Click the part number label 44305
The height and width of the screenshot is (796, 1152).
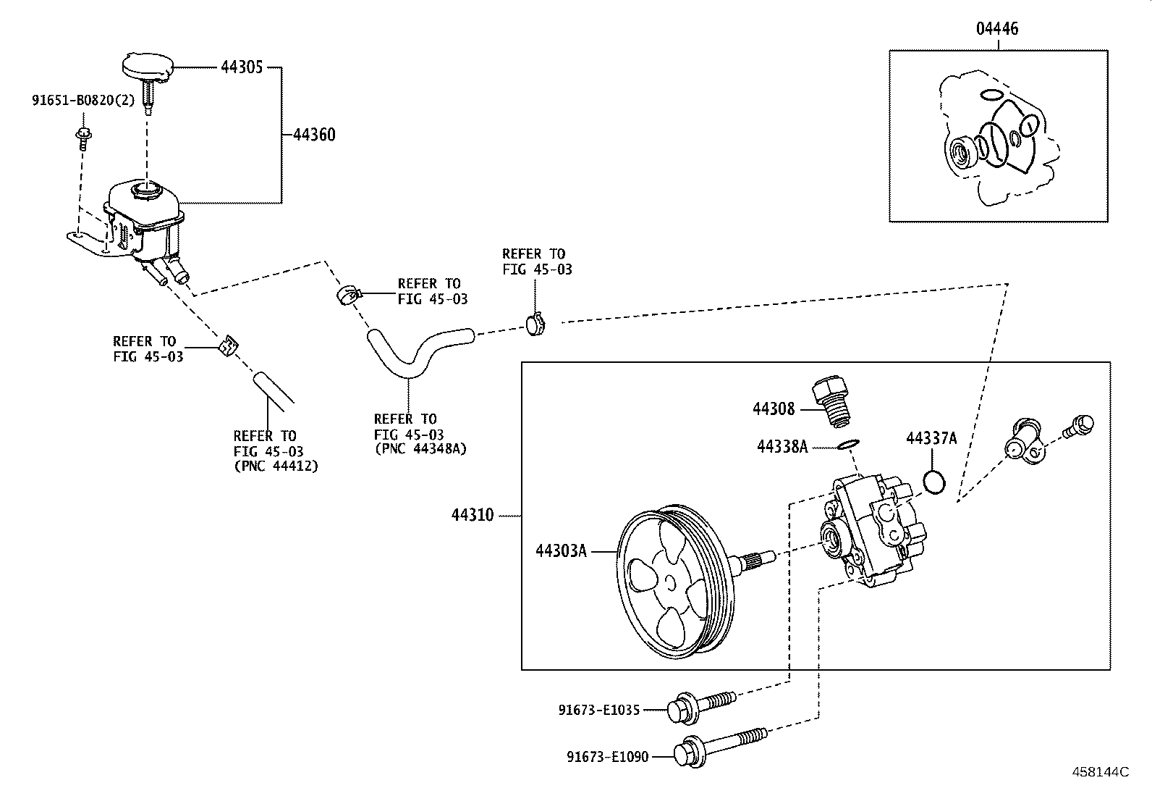click(242, 67)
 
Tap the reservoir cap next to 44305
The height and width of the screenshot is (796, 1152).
click(148, 67)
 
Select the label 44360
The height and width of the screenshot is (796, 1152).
click(314, 135)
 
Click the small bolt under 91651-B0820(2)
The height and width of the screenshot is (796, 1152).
click(82, 138)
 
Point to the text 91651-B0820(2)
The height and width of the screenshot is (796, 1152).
click(83, 100)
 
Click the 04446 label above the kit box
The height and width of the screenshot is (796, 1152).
click(997, 28)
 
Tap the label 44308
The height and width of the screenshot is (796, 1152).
click(774, 409)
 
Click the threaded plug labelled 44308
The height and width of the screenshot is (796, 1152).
click(831, 401)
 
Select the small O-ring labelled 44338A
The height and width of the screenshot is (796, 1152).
click(848, 444)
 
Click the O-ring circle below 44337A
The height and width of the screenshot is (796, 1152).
click(934, 482)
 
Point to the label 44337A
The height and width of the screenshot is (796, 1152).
click(931, 438)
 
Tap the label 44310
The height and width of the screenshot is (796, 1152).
click(472, 515)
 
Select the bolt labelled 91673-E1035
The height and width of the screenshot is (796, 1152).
click(701, 706)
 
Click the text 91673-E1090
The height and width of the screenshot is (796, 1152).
click(607, 756)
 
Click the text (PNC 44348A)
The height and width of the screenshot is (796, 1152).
click(420, 449)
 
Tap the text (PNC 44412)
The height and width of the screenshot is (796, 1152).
click(276, 466)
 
